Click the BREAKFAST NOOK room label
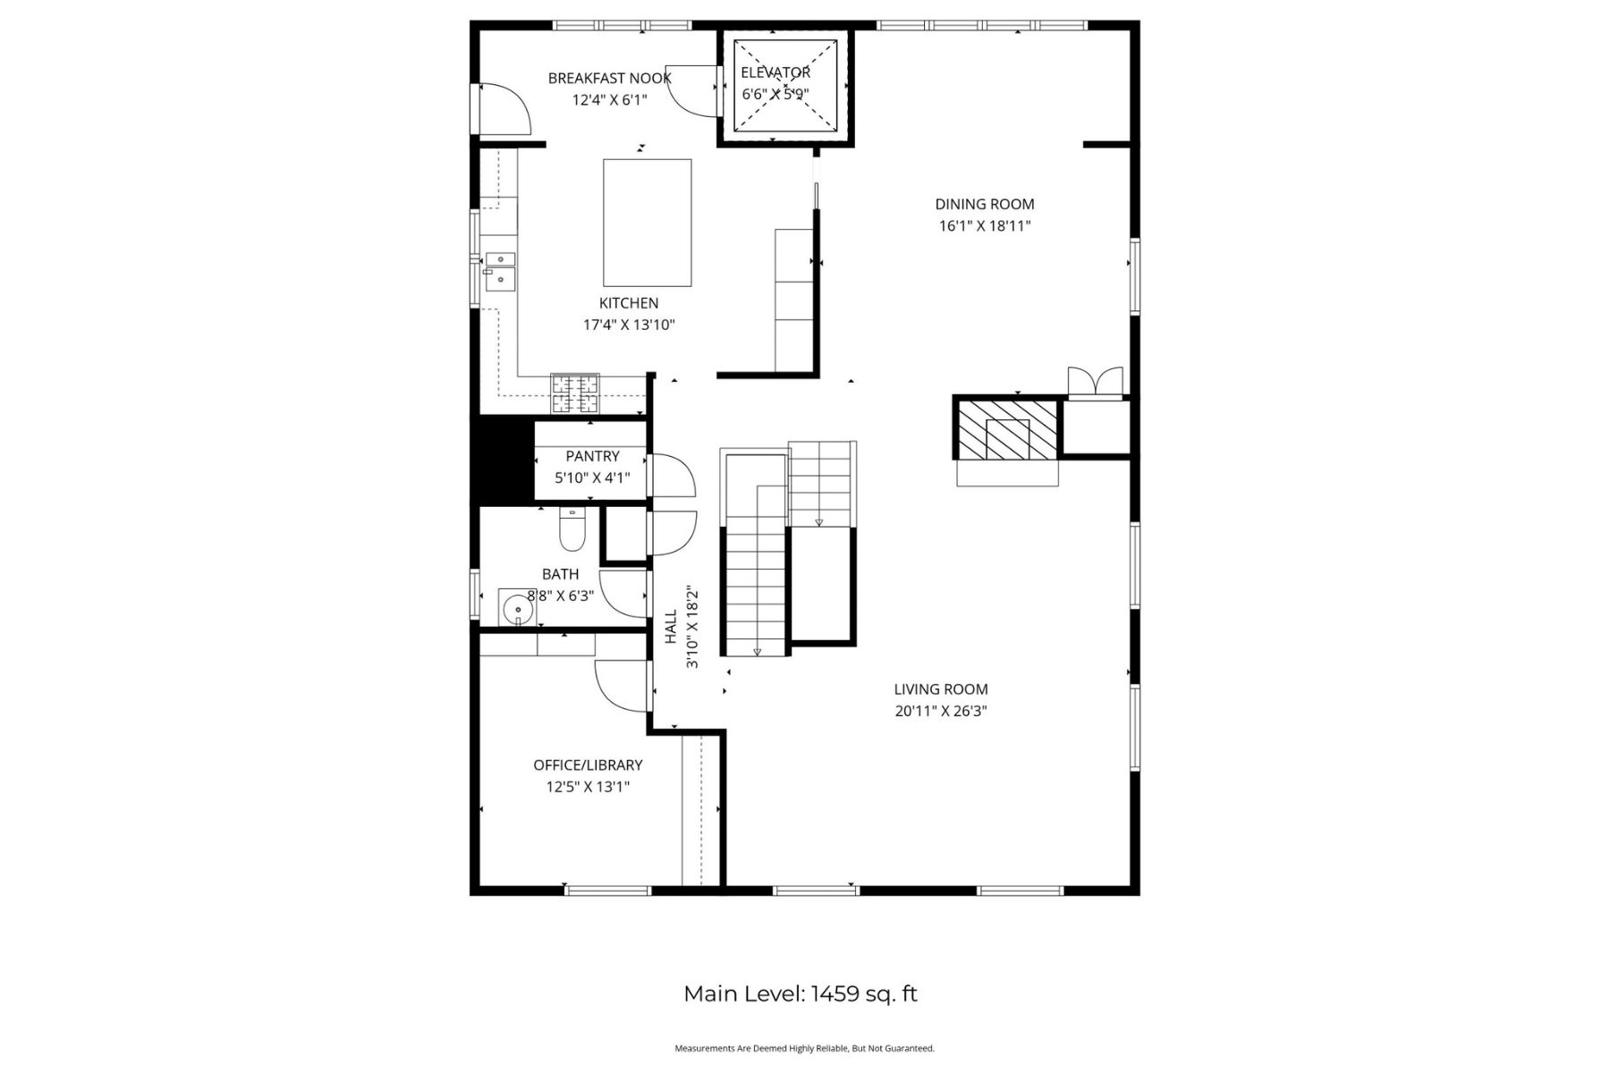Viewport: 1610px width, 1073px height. point(609,79)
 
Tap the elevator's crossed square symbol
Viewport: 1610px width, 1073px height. point(785,86)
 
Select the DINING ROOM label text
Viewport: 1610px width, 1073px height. point(984,205)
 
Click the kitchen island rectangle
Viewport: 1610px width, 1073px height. point(647,223)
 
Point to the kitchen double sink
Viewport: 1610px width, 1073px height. point(500,271)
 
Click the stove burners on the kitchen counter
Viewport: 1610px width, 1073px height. point(574,394)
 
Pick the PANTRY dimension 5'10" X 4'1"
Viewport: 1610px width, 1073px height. point(592,478)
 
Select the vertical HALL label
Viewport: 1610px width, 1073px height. point(671,626)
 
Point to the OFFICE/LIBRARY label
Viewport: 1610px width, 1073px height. point(588,765)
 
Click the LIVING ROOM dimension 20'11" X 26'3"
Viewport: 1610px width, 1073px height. point(940,712)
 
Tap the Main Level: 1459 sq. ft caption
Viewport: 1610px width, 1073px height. point(801,994)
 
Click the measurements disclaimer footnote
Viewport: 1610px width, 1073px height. point(804,1048)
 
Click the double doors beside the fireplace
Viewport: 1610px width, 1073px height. point(1096,382)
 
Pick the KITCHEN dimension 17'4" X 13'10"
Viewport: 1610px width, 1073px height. point(629,325)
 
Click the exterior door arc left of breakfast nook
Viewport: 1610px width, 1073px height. point(504,108)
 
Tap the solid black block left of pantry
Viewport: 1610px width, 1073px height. point(501,462)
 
